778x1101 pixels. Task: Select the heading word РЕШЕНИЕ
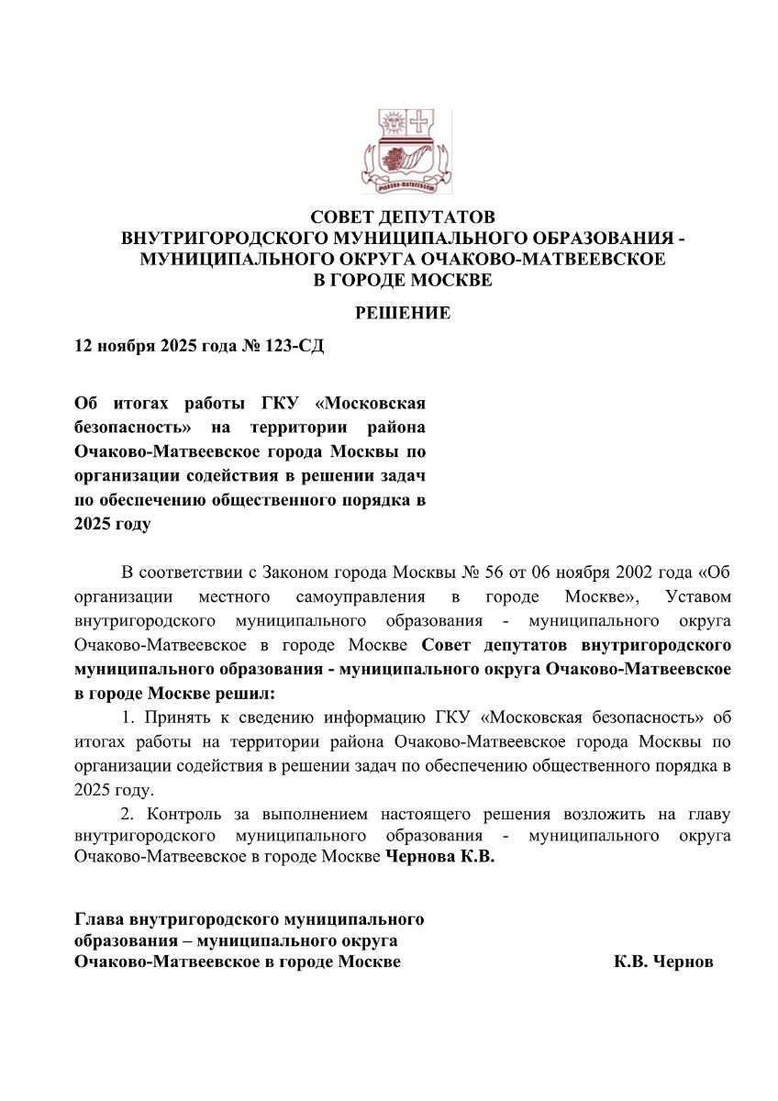click(x=403, y=314)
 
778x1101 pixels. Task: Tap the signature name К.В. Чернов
click(x=662, y=962)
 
